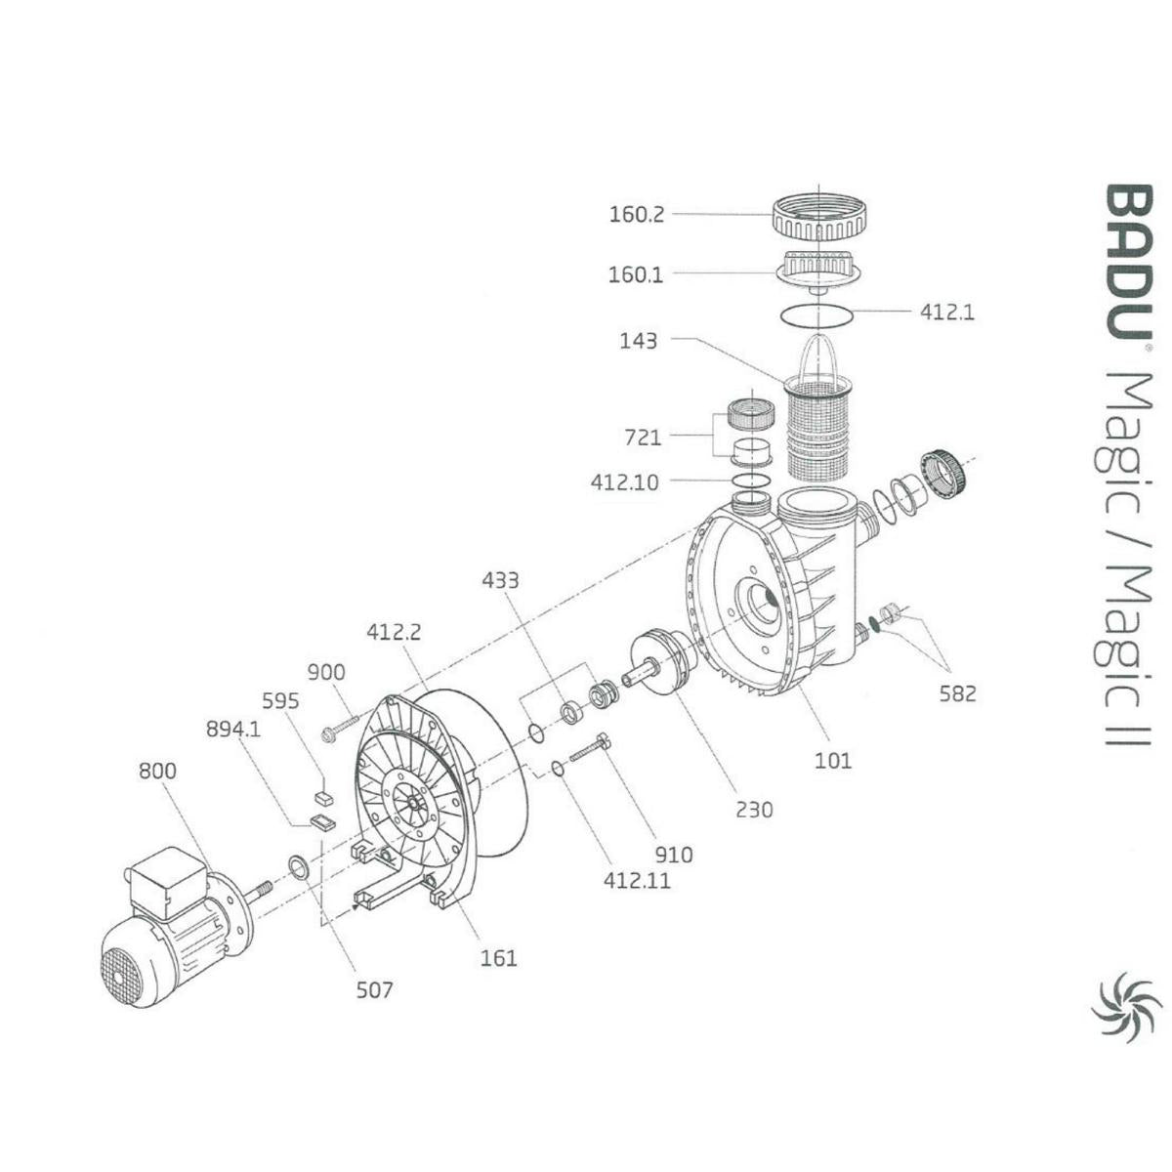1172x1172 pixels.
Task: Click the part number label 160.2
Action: click(x=636, y=214)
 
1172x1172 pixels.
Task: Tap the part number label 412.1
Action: click(x=946, y=313)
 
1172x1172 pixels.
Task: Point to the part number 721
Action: click(x=642, y=437)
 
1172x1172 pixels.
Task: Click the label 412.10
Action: click(x=624, y=481)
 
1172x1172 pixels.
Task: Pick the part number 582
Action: click(x=957, y=693)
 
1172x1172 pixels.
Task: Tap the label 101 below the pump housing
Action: click(x=833, y=760)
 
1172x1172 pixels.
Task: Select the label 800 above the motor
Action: click(x=156, y=771)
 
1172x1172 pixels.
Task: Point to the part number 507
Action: click(x=374, y=990)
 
